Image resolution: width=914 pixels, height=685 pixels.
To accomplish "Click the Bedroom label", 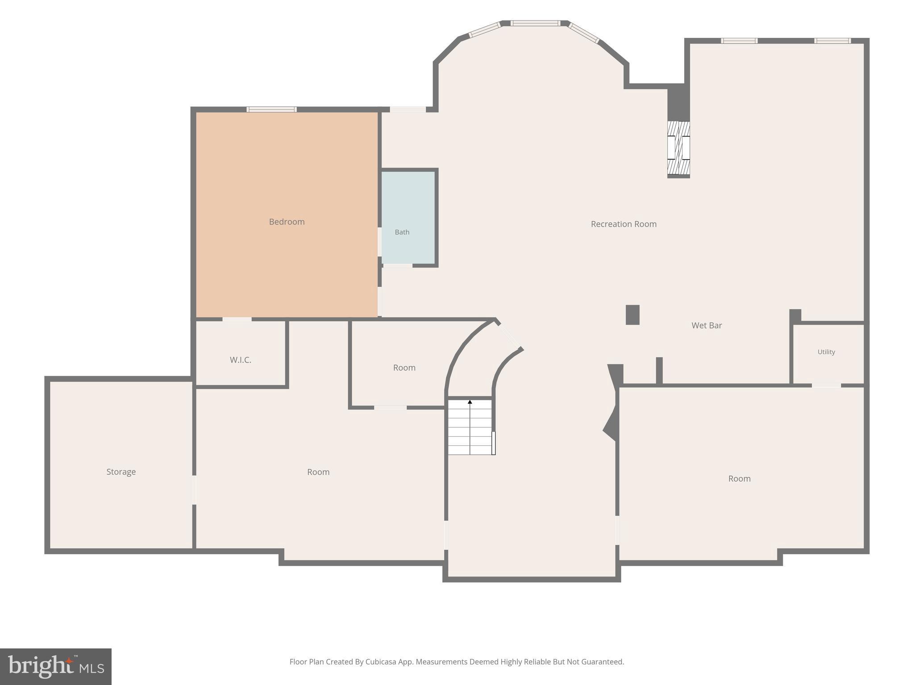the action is [x=287, y=222].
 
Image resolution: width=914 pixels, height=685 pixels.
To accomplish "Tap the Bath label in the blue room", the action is [x=402, y=232].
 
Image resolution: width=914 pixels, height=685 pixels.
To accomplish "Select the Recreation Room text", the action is [x=623, y=224].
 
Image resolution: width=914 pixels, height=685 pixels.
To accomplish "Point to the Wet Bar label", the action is [x=706, y=326].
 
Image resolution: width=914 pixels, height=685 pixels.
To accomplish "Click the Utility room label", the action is [x=826, y=352].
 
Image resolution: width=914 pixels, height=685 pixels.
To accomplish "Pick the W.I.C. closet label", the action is [x=241, y=360].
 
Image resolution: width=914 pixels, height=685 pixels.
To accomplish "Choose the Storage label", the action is [x=121, y=472].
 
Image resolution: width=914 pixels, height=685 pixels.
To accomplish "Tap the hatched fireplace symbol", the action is [x=678, y=148].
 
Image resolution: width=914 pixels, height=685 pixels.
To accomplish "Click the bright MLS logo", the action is [x=56, y=667].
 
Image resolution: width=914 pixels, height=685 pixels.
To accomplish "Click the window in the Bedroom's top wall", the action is [x=271, y=109].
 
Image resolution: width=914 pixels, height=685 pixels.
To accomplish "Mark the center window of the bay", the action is [x=535, y=23].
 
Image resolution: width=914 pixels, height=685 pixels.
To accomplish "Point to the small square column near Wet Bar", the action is [x=632, y=315].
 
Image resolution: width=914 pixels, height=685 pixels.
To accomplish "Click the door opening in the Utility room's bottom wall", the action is [x=826, y=385].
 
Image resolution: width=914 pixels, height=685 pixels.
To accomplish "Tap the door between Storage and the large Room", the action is [x=194, y=490].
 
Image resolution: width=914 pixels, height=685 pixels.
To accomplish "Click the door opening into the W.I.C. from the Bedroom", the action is [x=237, y=319].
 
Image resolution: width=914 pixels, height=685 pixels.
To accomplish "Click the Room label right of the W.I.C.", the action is [x=404, y=367].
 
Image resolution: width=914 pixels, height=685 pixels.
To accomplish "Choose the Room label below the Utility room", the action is [x=739, y=479].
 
